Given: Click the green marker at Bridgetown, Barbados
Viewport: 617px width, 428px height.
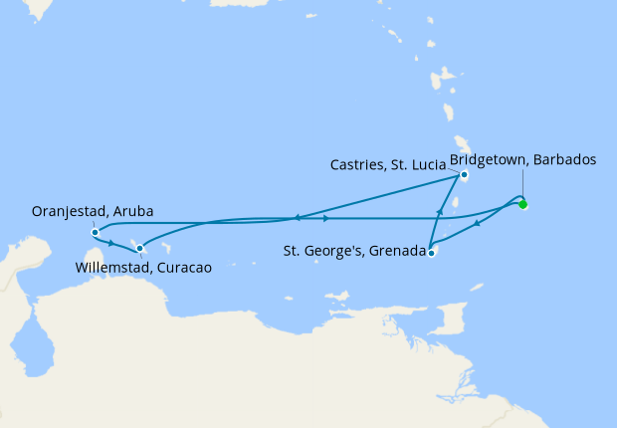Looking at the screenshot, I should pyautogui.click(x=523, y=205).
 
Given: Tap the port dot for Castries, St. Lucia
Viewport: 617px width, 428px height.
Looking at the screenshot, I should pyautogui.click(x=464, y=178).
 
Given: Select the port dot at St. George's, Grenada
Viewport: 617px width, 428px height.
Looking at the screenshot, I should pyautogui.click(x=431, y=253).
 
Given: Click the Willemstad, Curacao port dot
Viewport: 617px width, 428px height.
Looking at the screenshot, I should pyautogui.click(x=140, y=248).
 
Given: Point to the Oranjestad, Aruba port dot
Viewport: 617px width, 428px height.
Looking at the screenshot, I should pyautogui.click(x=95, y=233).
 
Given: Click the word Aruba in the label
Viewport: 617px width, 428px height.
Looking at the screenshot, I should pyautogui.click(x=132, y=212).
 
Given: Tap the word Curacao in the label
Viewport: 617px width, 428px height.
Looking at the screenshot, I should pyautogui.click(x=197, y=267).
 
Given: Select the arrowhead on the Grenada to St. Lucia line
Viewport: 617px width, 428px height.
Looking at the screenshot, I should pyautogui.click(x=439, y=212).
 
